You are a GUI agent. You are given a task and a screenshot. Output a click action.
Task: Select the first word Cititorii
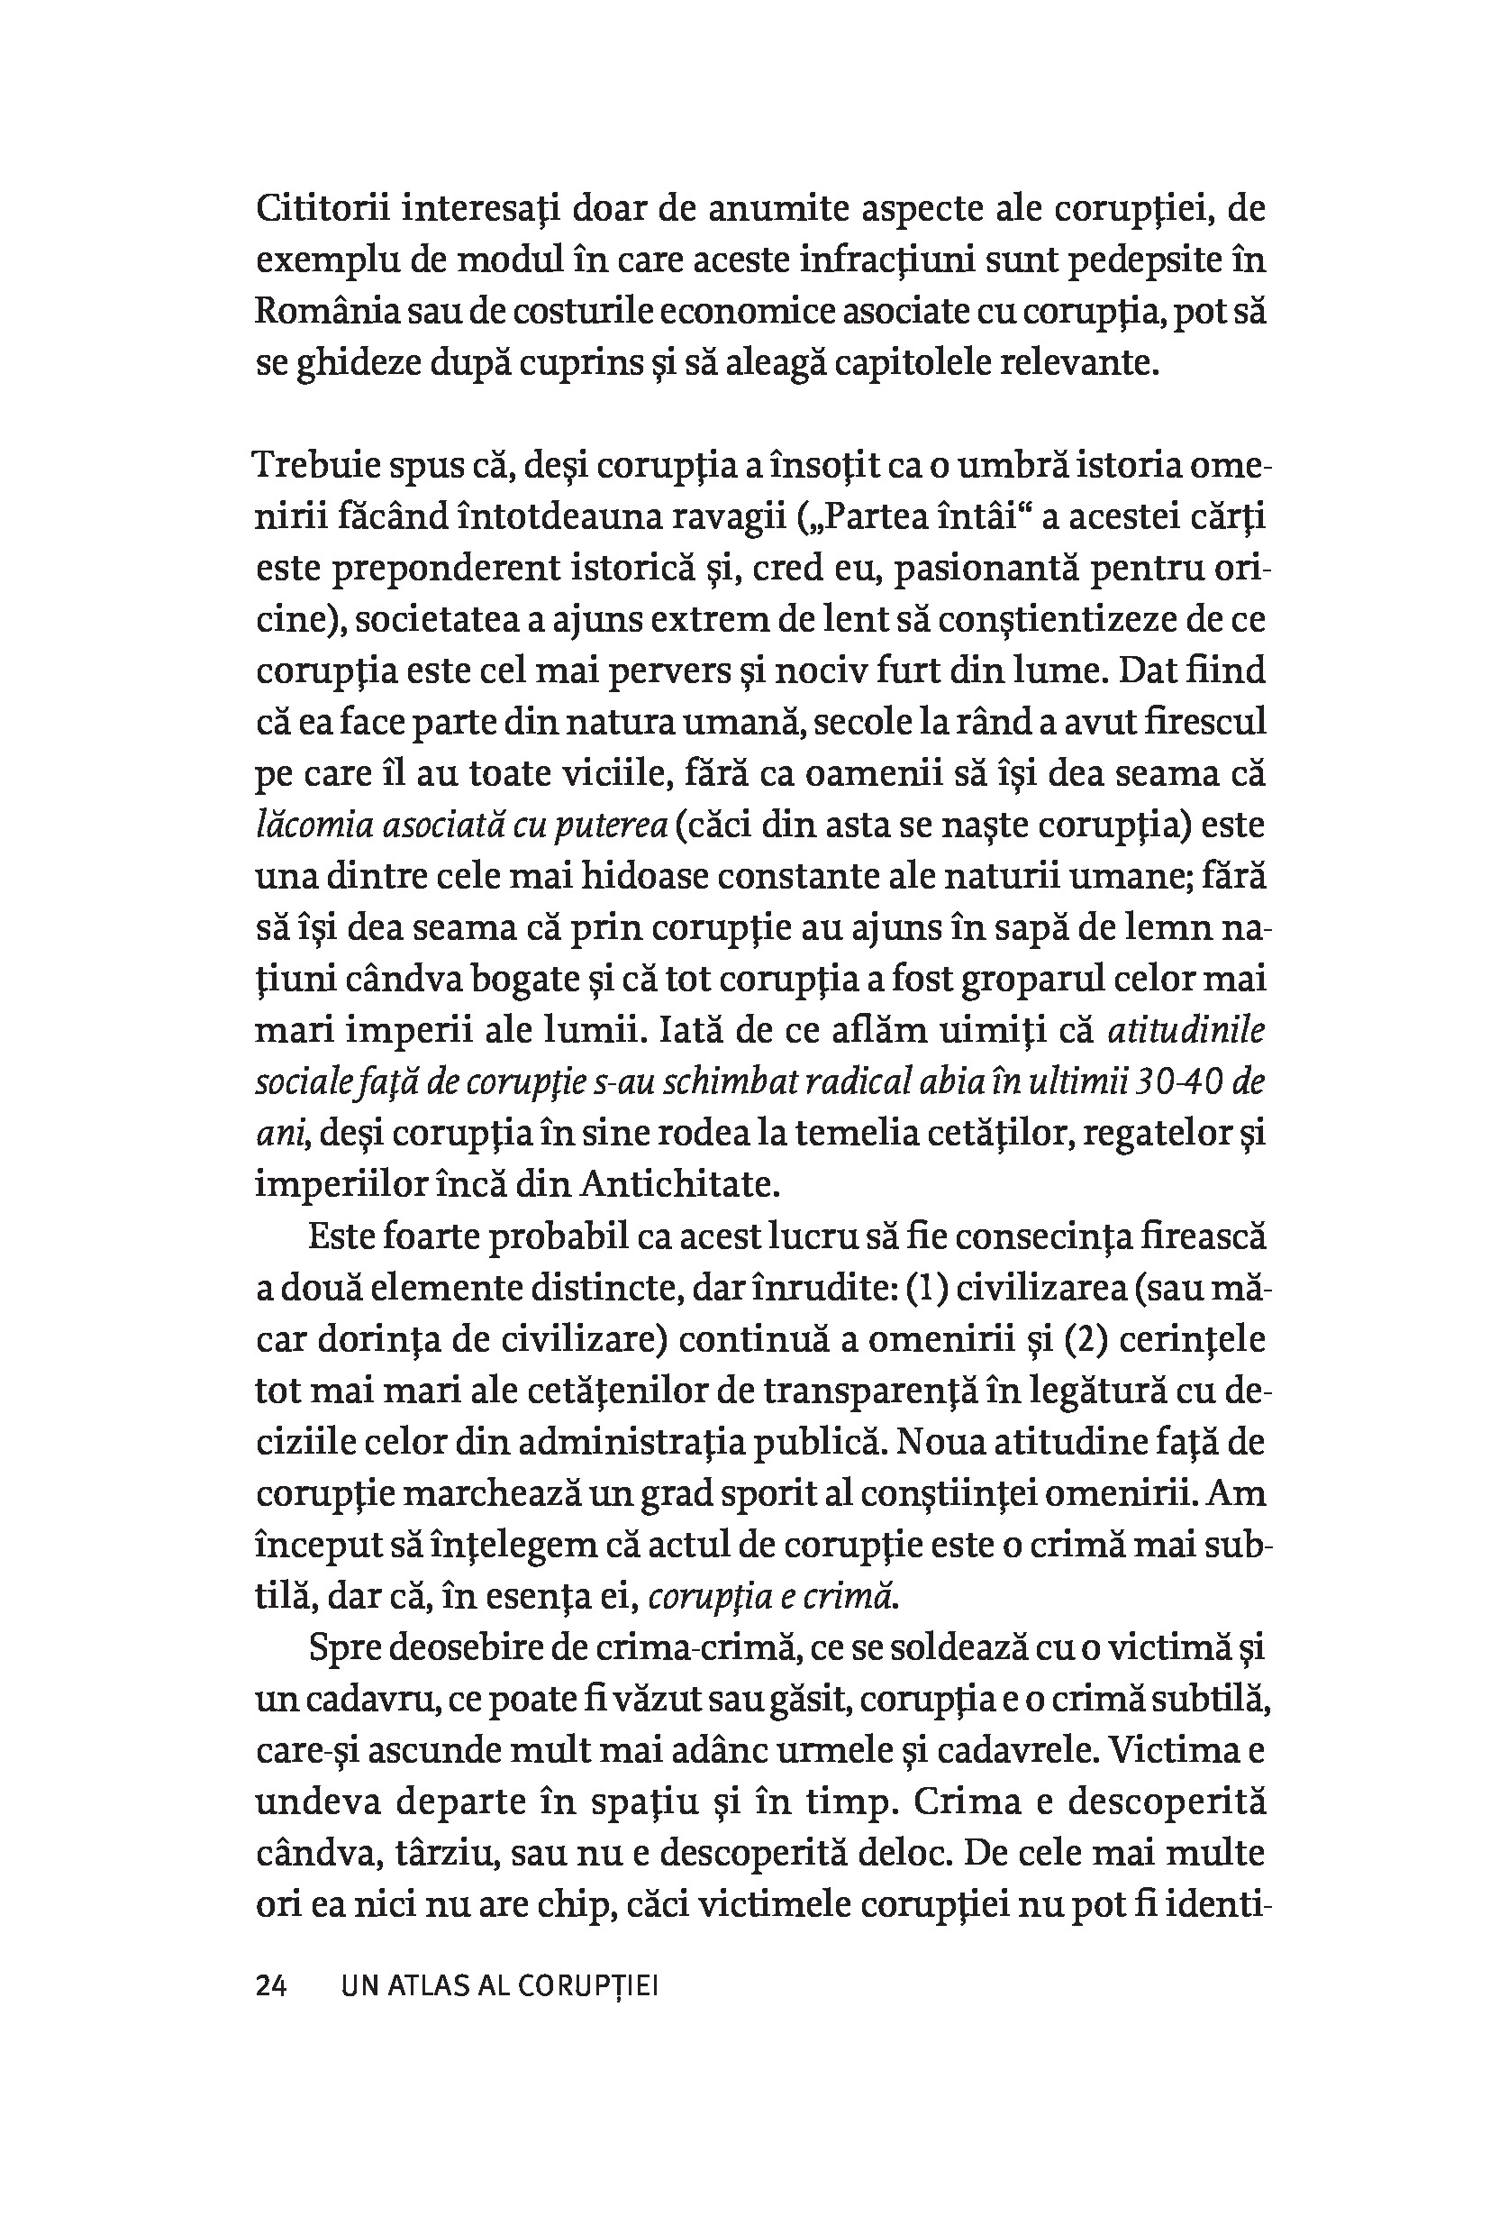point(319,208)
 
